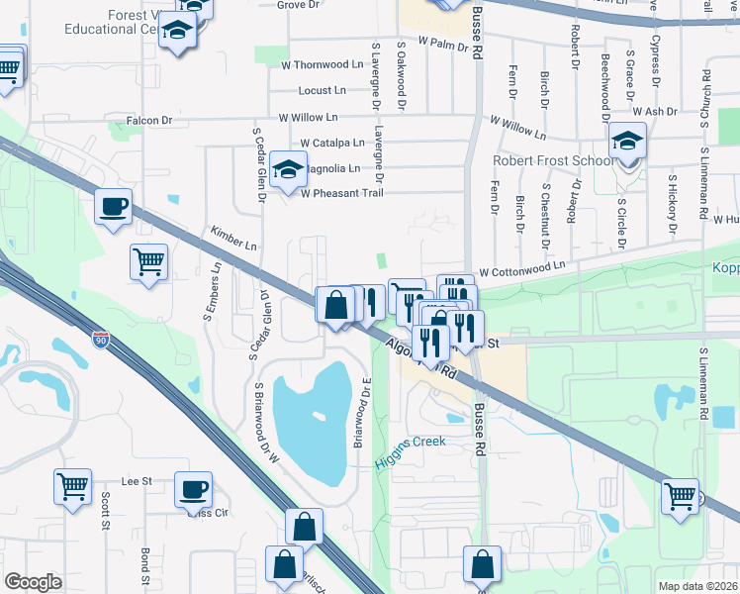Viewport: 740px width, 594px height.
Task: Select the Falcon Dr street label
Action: tap(150, 121)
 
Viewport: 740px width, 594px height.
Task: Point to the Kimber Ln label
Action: tap(233, 238)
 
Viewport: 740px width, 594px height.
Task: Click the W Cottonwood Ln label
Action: tap(522, 266)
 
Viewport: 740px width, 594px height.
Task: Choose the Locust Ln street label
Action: tap(324, 90)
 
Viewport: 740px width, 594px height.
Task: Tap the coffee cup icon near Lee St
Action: tap(193, 488)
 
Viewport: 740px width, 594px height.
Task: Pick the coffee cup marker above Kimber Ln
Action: tap(114, 207)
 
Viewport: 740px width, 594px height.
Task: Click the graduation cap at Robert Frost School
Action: tap(626, 142)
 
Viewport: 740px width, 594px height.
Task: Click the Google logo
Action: tap(33, 582)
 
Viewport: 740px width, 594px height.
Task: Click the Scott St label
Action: tap(104, 515)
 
